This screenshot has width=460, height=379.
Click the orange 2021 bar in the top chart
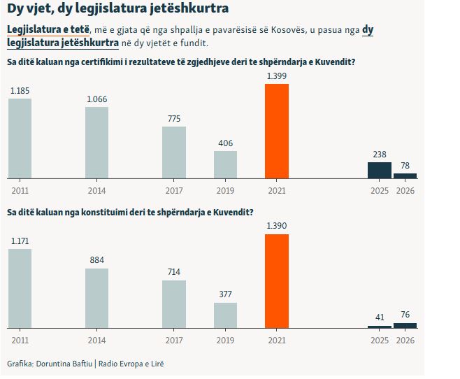coord(276,131)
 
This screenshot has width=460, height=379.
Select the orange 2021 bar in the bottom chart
coord(276,280)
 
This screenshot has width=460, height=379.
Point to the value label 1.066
coord(96,99)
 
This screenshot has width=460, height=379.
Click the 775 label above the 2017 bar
coord(174,118)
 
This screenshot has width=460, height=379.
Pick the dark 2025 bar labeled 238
coord(380,170)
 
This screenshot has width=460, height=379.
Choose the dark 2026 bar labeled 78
coord(405,176)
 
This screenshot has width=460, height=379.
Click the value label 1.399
coord(276,76)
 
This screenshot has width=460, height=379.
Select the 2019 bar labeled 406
coord(225,164)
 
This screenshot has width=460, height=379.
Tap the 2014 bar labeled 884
coord(97,298)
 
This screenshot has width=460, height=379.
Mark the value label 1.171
coord(20,241)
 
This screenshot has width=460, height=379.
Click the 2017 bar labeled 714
coord(174,303)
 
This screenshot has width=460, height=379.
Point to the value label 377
coord(225,294)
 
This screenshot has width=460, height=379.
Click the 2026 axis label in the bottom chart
coord(405,339)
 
